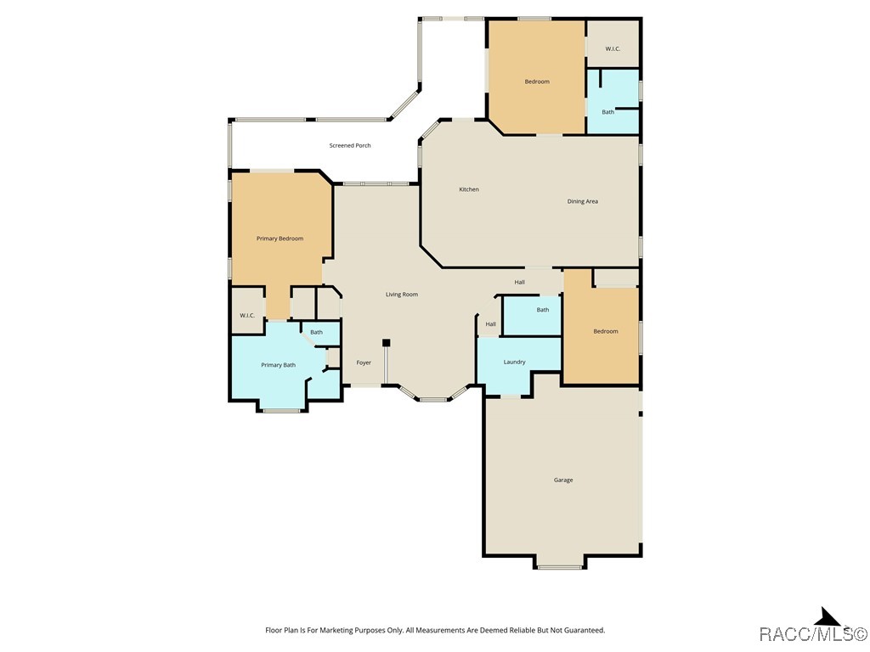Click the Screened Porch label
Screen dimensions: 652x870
click(350, 146)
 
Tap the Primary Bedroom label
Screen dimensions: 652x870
click(280, 239)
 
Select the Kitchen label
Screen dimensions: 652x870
click(469, 189)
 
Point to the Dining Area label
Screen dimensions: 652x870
click(583, 201)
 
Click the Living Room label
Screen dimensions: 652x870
click(402, 295)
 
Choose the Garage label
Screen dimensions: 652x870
click(563, 480)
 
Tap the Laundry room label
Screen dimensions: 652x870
click(514, 362)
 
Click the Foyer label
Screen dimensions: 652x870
click(364, 363)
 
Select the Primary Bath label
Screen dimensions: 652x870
click(278, 365)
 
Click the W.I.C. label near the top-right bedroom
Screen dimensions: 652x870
click(613, 49)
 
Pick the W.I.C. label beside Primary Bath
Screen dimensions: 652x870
click(247, 316)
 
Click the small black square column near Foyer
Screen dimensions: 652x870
click(386, 343)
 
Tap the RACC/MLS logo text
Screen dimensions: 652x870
click(812, 634)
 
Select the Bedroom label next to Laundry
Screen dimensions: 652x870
click(606, 331)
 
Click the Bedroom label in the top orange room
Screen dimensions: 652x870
click(537, 81)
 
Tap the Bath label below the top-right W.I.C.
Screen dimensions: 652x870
click(608, 112)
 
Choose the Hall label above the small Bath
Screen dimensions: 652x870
click(519, 282)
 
